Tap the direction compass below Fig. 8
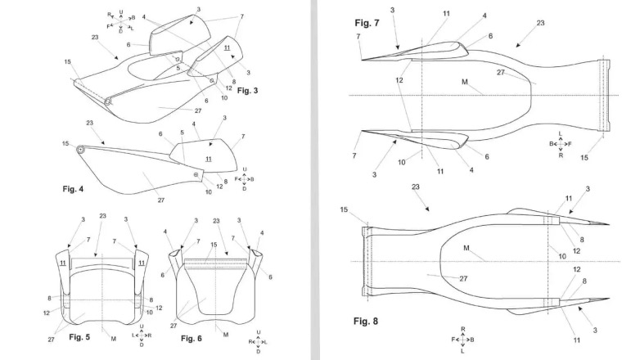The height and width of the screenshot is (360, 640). [x=462, y=339]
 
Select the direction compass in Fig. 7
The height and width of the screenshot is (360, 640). [x=559, y=145]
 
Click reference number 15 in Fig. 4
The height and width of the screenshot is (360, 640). [x=65, y=143]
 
